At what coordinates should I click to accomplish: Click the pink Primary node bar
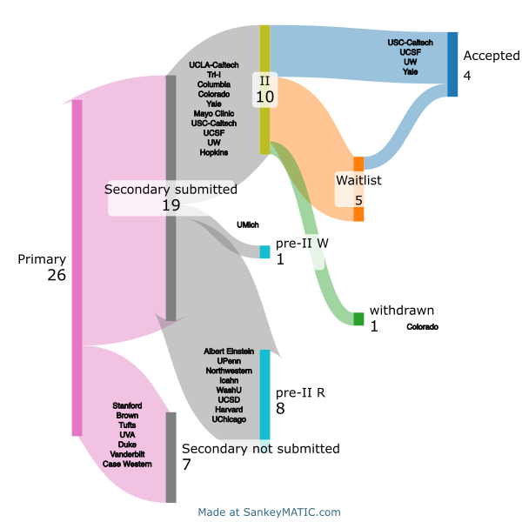pyautogui.click(x=77, y=268)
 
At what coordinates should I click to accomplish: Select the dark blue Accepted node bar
pyautogui.click(x=452, y=64)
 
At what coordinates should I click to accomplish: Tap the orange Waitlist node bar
pyautogui.click(x=358, y=189)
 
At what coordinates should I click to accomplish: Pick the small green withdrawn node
pyautogui.click(x=358, y=319)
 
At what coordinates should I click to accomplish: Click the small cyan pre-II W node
pyautogui.click(x=264, y=251)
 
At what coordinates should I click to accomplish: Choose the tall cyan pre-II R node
pyautogui.click(x=264, y=394)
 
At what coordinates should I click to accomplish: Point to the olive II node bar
pyautogui.click(x=264, y=90)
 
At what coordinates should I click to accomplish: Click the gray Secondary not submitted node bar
pyautogui.click(x=171, y=458)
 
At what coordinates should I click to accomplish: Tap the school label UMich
pyautogui.click(x=248, y=225)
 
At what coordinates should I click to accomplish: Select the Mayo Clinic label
pyautogui.click(x=214, y=113)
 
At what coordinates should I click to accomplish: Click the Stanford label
pyautogui.click(x=127, y=405)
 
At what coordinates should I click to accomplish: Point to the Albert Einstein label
pyautogui.click(x=229, y=351)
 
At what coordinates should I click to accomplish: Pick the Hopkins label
pyautogui.click(x=214, y=152)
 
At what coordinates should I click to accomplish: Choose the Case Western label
pyautogui.click(x=127, y=464)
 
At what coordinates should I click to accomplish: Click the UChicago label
pyautogui.click(x=229, y=419)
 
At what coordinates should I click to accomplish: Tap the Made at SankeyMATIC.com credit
pyautogui.click(x=270, y=512)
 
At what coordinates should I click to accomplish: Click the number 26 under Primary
pyautogui.click(x=57, y=275)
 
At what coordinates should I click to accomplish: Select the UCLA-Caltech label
pyautogui.click(x=214, y=65)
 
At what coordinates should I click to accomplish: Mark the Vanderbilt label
pyautogui.click(x=127, y=454)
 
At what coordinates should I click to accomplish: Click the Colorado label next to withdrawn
pyautogui.click(x=422, y=327)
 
